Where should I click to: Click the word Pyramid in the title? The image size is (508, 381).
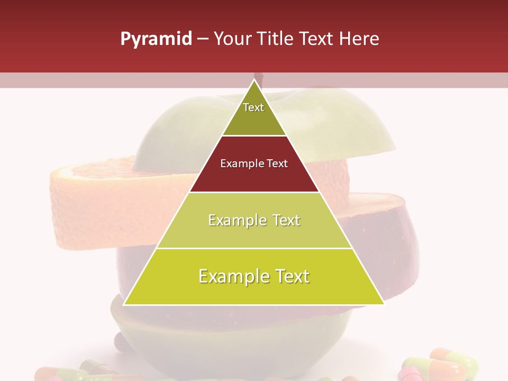pos(156,39)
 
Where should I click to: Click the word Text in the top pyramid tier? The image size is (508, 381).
pos(253,107)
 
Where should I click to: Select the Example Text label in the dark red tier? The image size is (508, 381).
pos(254,164)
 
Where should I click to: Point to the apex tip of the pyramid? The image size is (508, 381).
pos(255,80)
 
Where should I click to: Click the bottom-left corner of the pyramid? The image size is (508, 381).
pos(124,304)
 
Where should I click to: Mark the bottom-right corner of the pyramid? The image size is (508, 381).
pos(384,304)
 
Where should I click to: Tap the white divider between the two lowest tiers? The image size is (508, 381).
pos(254,248)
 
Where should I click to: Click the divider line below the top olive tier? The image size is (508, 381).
pos(254,135)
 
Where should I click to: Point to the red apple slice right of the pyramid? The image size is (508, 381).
pos(381,233)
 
